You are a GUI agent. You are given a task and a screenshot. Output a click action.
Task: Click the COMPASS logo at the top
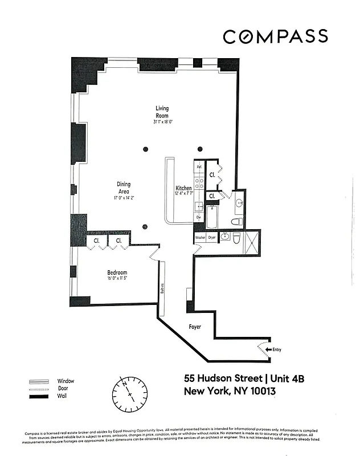pos(275,37)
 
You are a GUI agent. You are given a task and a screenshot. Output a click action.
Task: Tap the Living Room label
pos(162,112)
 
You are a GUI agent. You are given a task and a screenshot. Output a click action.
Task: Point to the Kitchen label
pos(183,188)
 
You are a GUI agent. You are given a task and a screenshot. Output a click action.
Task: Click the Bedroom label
pos(117,272)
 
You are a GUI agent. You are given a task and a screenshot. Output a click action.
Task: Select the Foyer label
pos(195,327)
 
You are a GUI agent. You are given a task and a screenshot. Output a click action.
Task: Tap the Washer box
pos(200,237)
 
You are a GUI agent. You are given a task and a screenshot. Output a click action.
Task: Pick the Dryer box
pos(211,237)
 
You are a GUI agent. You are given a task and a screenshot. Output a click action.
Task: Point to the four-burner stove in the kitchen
pos(199,182)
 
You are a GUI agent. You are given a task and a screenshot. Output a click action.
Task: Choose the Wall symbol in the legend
pos(40,396)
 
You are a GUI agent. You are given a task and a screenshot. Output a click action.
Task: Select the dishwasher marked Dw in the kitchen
pos(199,217)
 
